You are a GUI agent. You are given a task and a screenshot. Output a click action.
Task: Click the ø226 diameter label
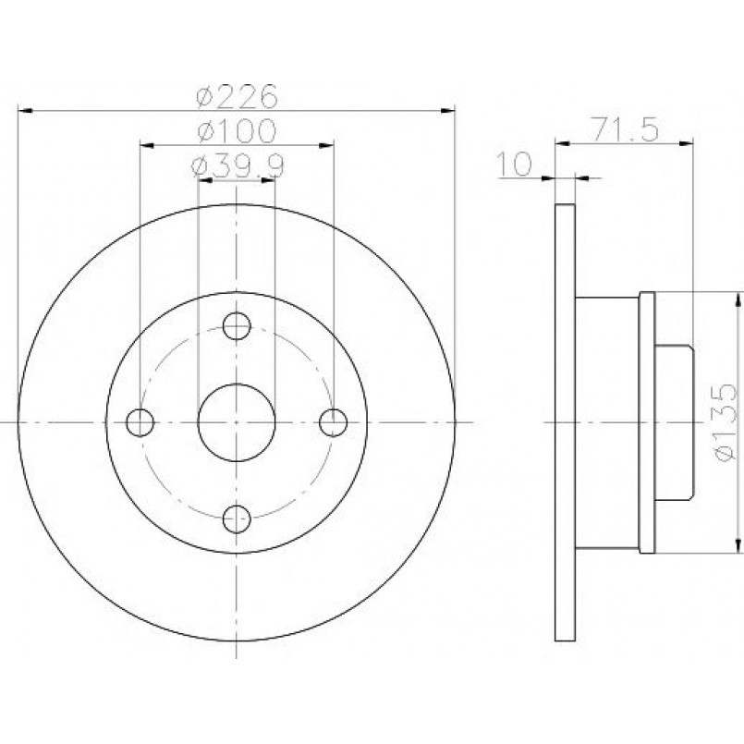(x=237, y=96)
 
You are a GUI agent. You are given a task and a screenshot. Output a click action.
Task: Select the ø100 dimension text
(x=237, y=130)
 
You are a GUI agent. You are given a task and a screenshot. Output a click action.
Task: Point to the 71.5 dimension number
(x=626, y=129)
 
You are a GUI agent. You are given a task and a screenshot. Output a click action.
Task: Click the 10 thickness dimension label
(x=514, y=165)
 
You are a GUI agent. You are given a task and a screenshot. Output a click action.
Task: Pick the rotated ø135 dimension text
(x=724, y=421)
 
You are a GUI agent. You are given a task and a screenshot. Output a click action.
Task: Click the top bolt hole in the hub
(x=237, y=326)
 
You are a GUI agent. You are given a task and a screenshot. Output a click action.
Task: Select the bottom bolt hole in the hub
(x=237, y=519)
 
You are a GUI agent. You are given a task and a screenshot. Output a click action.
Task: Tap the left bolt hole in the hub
(x=140, y=422)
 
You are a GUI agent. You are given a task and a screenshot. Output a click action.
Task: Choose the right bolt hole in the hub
(x=333, y=422)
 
